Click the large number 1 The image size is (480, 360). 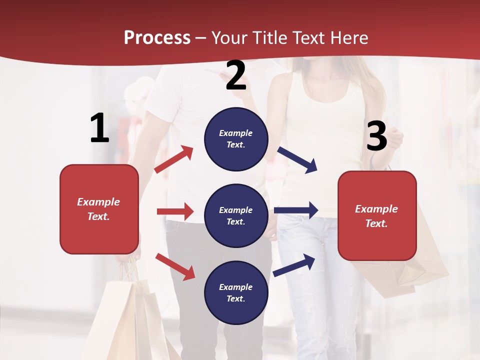pyautogui.click(x=99, y=128)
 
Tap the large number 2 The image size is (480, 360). pyautogui.click(x=236, y=75)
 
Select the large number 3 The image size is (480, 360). pyautogui.click(x=376, y=136)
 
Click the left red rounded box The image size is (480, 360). pyautogui.click(x=99, y=209)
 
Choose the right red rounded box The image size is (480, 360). pyautogui.click(x=377, y=216)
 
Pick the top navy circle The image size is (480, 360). pyautogui.click(x=236, y=139)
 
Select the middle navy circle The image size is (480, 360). pyautogui.click(x=236, y=215)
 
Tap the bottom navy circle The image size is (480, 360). pyautogui.click(x=236, y=292)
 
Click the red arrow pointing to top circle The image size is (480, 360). pyautogui.click(x=174, y=159)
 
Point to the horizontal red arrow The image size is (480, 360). pyautogui.click(x=175, y=211)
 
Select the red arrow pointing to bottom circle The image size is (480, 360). pyautogui.click(x=175, y=266)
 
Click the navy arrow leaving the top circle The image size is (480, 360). pyautogui.click(x=297, y=160)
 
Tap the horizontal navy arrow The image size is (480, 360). pyautogui.click(x=296, y=210)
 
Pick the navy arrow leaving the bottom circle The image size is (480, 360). pyautogui.click(x=294, y=265)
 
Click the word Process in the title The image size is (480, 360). pyautogui.click(x=157, y=37)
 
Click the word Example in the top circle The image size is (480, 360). pyautogui.click(x=236, y=133)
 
